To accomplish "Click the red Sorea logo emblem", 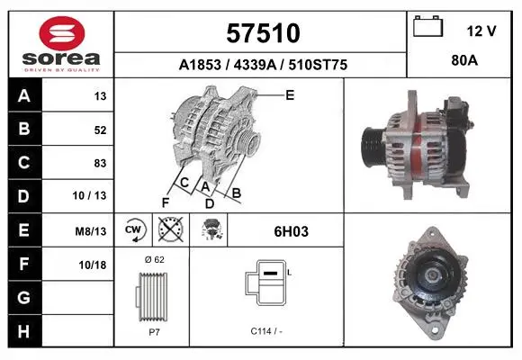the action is [62, 33].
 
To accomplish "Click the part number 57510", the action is [263, 33].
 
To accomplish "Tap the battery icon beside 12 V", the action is [427, 26].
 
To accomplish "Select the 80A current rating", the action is [464, 60].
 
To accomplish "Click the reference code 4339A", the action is [255, 65].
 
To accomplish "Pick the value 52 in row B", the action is [100, 130].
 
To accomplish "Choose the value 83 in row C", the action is [100, 163].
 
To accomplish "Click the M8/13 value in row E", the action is [91, 231].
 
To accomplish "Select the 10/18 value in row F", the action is [93, 265].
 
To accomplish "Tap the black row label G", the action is [24, 297].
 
